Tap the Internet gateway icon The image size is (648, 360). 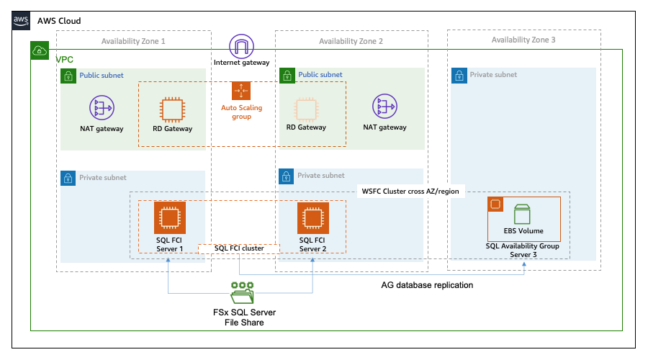point(241,47)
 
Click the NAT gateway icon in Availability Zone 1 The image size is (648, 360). point(102,108)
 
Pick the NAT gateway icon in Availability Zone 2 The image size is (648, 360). point(384,108)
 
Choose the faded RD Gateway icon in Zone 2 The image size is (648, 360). point(306,109)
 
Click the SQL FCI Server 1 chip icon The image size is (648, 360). point(170,217)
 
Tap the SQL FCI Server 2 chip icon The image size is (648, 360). point(312,217)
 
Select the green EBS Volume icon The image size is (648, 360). point(523,215)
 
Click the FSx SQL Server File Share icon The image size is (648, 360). point(242,294)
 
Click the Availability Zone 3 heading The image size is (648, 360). point(523,40)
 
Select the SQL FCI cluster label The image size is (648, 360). point(238,248)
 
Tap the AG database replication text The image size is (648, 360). point(427,285)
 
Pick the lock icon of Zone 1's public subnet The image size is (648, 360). point(68,75)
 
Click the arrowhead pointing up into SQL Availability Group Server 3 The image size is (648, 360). point(525,264)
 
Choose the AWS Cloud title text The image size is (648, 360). point(58,21)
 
